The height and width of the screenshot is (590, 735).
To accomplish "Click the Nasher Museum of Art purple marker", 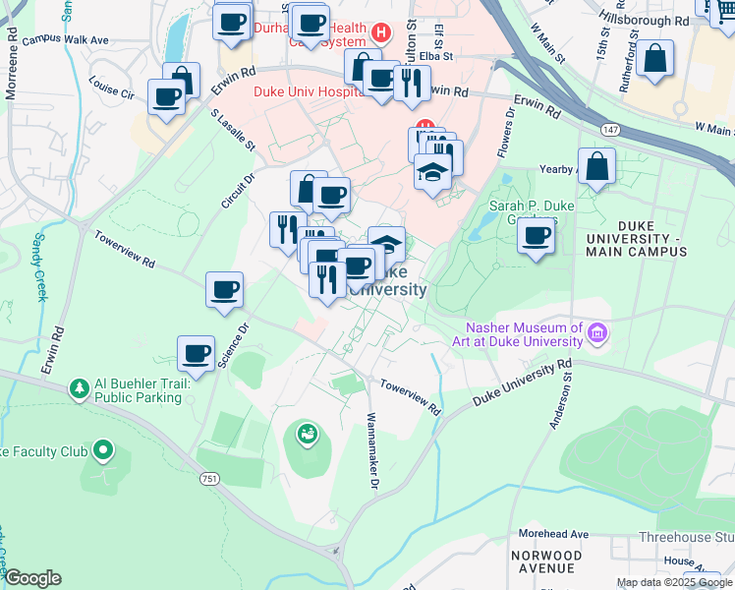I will (596, 335).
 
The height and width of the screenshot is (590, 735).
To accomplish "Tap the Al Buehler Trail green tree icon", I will (79, 390).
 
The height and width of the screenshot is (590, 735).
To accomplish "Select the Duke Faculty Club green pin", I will (103, 452).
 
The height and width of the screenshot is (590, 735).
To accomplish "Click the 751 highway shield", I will (209, 479).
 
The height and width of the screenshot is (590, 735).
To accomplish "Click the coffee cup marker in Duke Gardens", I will (537, 236).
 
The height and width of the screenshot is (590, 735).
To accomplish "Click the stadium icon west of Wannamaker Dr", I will (308, 433).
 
